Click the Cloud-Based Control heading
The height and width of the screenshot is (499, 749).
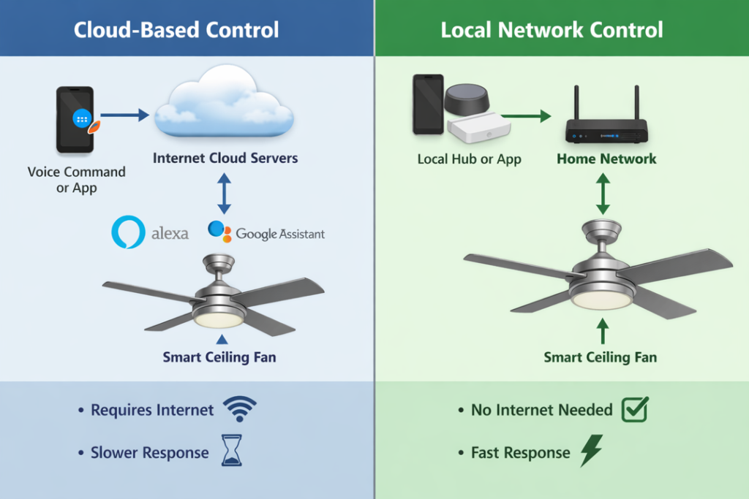(x=176, y=30)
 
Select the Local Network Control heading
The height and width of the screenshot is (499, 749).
(x=552, y=30)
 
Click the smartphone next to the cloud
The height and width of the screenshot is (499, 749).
(x=75, y=119)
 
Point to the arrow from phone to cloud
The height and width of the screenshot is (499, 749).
(x=124, y=115)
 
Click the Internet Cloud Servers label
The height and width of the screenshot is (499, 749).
(x=225, y=158)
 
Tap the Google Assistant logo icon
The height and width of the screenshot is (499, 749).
(x=219, y=232)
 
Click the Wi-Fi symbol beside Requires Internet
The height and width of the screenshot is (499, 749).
(x=239, y=410)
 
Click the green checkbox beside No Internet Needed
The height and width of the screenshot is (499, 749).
(x=635, y=410)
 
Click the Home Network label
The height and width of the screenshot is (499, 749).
(x=606, y=159)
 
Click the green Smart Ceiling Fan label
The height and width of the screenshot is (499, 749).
(x=600, y=357)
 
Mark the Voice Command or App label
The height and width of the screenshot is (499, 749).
(x=76, y=180)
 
